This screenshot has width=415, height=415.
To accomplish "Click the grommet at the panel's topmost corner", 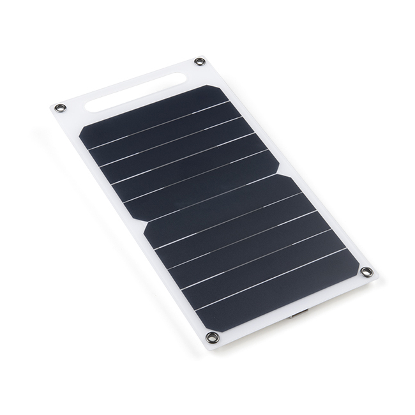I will click(200, 62).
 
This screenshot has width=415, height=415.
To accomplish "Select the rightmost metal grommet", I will click(366, 272).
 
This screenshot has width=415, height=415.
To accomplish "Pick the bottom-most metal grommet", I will click(212, 336).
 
